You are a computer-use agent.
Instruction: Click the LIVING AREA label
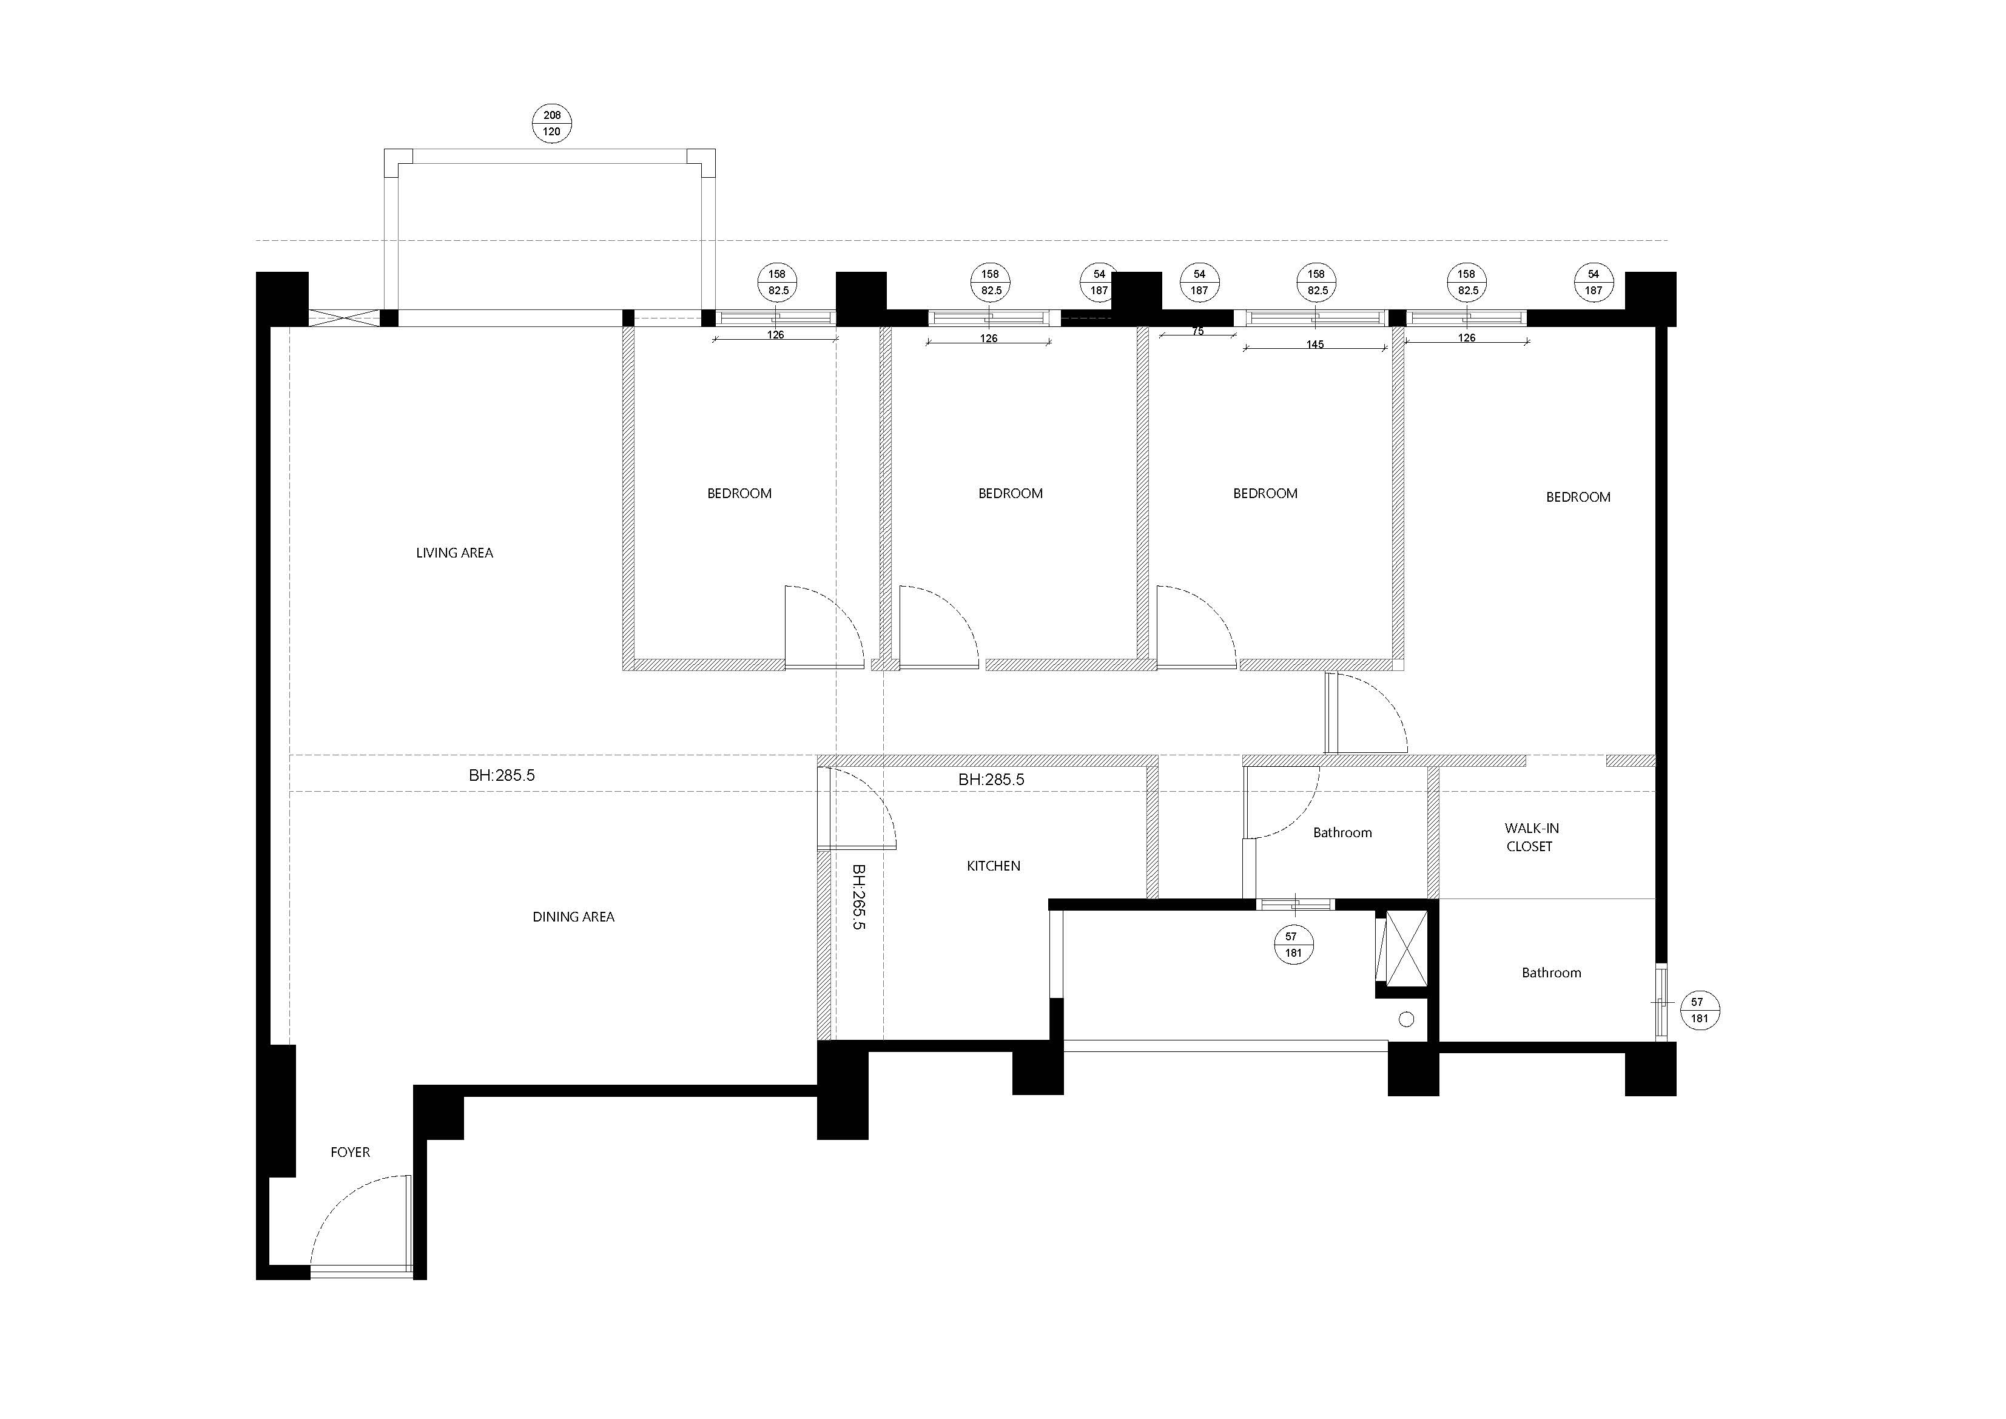[x=454, y=553]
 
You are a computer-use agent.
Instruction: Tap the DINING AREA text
[x=573, y=917]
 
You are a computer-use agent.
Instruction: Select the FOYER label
[x=351, y=1153]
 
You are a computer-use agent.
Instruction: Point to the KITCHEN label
[x=994, y=866]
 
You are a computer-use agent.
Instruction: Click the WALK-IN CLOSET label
[x=1530, y=837]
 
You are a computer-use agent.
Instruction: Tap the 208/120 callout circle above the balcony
[x=552, y=123]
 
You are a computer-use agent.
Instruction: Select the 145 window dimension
[x=1315, y=344]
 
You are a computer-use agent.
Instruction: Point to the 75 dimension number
[x=1198, y=331]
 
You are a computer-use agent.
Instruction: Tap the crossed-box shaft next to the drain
[x=1407, y=948]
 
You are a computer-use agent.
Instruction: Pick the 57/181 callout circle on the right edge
[x=1699, y=1010]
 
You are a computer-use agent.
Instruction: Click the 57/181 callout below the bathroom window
[x=1293, y=945]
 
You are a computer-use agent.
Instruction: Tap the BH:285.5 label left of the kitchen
[x=502, y=775]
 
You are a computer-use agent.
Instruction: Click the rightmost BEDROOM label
[x=1578, y=497]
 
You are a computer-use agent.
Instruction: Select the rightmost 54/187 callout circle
[x=1594, y=282]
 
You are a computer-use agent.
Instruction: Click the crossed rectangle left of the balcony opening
[x=345, y=318]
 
